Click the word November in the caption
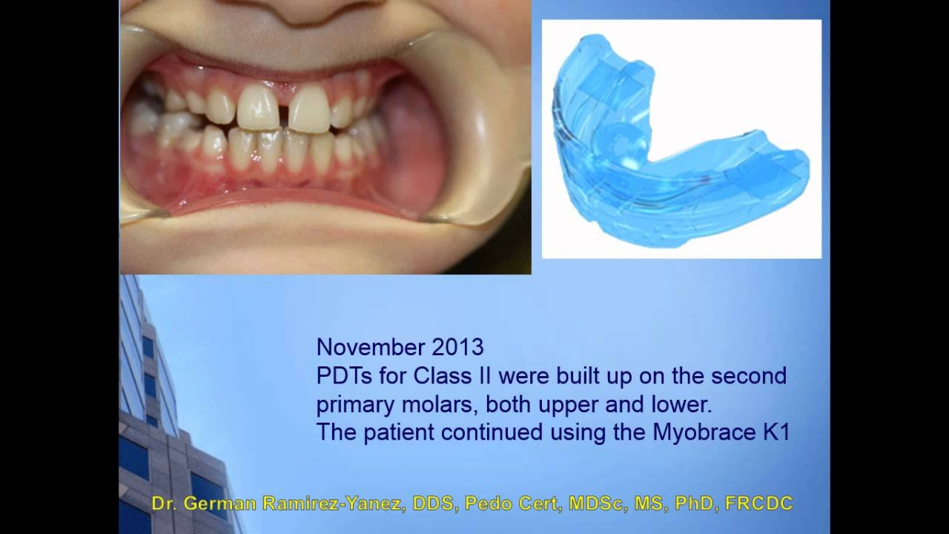coord(371,347)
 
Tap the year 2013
coord(457,347)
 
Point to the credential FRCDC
coord(758,504)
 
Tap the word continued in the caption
coord(492,432)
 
